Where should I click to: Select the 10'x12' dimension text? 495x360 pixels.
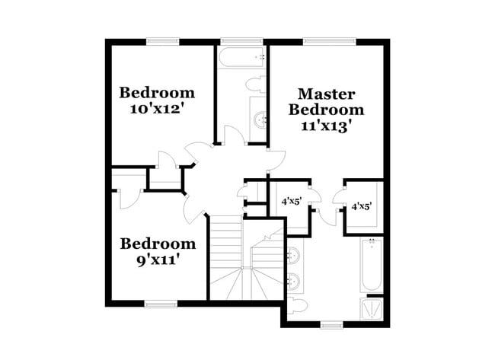click(157, 109)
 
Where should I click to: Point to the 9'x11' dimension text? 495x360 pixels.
click(157, 260)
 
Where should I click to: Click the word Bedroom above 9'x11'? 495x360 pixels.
click(158, 244)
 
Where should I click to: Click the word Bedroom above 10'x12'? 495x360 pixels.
click(157, 93)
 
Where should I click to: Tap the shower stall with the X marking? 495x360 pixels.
click(372, 308)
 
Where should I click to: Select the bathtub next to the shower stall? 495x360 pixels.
click(371, 266)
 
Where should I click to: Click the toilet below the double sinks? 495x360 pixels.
click(298, 304)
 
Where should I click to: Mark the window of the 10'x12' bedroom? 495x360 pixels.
click(161, 40)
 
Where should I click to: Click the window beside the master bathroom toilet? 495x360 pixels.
click(329, 325)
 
